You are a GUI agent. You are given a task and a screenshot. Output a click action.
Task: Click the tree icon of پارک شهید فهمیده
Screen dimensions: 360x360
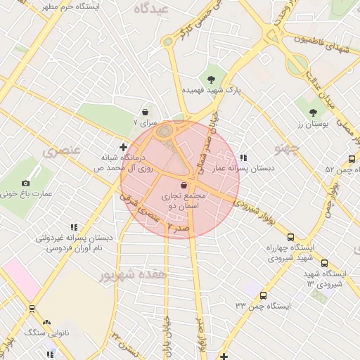[x=211, y=78]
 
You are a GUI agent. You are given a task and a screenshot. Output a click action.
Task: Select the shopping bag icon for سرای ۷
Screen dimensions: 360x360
[x=145, y=111]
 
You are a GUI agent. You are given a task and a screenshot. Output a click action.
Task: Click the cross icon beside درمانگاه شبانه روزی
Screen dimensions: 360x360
[x=124, y=147]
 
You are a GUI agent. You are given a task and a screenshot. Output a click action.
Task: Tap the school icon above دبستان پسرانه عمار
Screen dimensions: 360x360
[x=243, y=157]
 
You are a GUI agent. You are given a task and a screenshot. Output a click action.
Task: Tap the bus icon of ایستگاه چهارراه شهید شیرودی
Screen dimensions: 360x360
[x=291, y=238]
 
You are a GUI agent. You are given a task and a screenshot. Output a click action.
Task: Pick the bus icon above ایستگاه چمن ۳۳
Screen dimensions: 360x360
[x=264, y=295]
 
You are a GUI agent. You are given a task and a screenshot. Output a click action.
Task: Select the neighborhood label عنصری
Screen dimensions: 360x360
[x=62, y=150]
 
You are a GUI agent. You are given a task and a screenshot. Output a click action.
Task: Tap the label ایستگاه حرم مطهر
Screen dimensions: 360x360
[x=70, y=6]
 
